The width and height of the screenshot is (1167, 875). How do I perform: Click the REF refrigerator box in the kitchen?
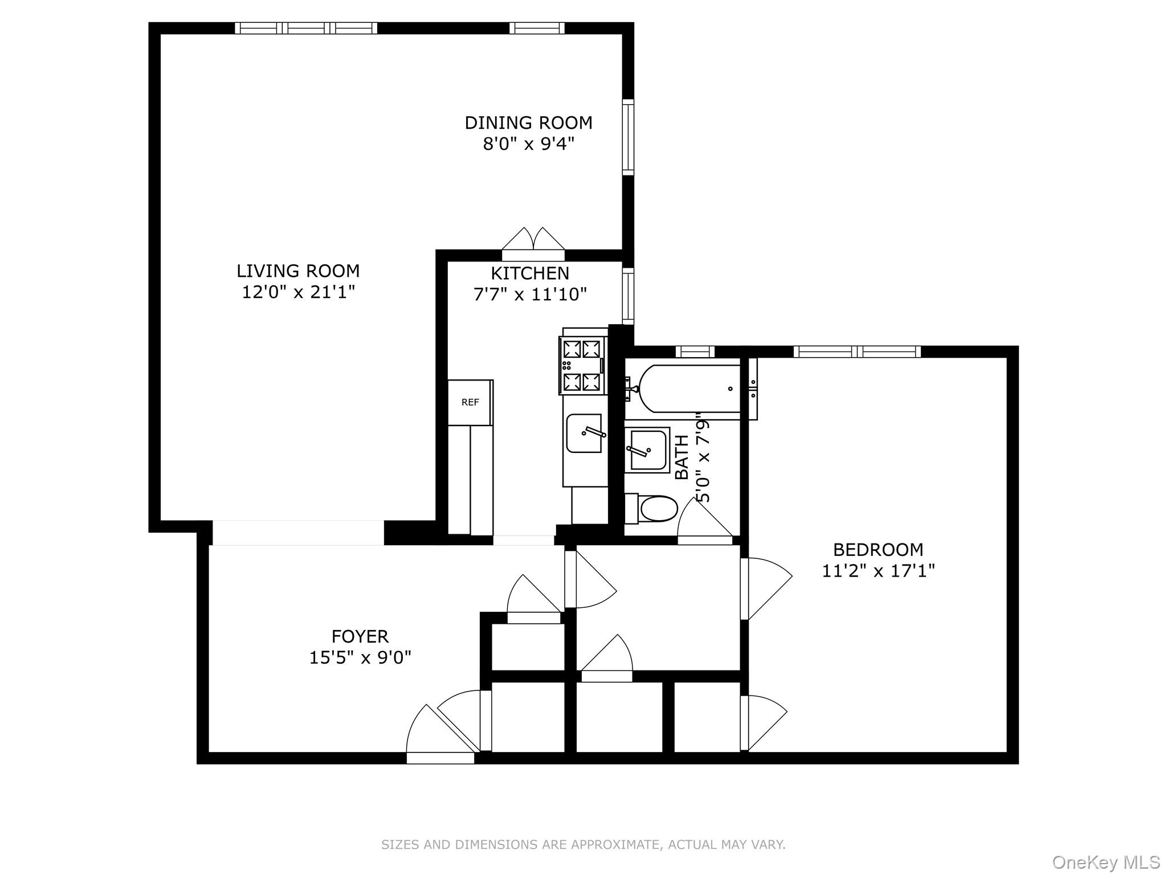coord(470,402)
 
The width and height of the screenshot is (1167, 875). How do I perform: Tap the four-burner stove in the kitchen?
coord(582,365)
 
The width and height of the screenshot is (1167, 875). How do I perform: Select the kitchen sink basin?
coord(584,434)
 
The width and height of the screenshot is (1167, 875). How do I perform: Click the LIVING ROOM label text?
coord(298,271)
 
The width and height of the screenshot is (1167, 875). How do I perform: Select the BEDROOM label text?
coord(878,550)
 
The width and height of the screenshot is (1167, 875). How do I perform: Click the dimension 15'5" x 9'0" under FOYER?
coord(360,658)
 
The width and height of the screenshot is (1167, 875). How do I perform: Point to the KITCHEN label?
coord(530,273)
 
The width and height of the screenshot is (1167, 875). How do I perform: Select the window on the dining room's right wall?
coord(628,137)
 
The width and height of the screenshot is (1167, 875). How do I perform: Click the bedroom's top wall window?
coord(857,351)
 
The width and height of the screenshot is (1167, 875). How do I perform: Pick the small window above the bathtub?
coord(695,351)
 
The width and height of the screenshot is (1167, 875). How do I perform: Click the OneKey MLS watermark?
coord(1106,862)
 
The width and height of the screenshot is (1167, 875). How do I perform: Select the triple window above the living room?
coord(306,28)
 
